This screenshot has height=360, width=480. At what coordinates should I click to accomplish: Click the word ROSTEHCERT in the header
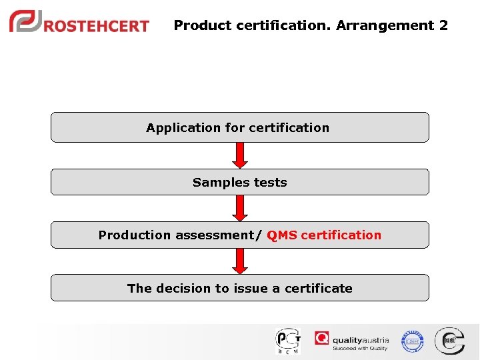[x=96, y=26]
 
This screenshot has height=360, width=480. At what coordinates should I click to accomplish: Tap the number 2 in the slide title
[x=443, y=26]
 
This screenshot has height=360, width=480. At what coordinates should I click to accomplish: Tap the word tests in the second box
[x=269, y=183]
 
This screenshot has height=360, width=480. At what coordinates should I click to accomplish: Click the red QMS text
[x=281, y=235]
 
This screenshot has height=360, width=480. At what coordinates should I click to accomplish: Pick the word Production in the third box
[x=135, y=235]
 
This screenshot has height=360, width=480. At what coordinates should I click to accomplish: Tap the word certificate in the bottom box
[x=318, y=289]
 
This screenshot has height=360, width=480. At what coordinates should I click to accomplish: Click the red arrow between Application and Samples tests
[x=240, y=155]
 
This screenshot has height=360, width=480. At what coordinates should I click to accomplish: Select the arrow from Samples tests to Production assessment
[x=240, y=208]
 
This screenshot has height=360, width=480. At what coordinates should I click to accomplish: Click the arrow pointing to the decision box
[x=240, y=261]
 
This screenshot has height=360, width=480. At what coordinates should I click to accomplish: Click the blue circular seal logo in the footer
[x=412, y=341]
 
